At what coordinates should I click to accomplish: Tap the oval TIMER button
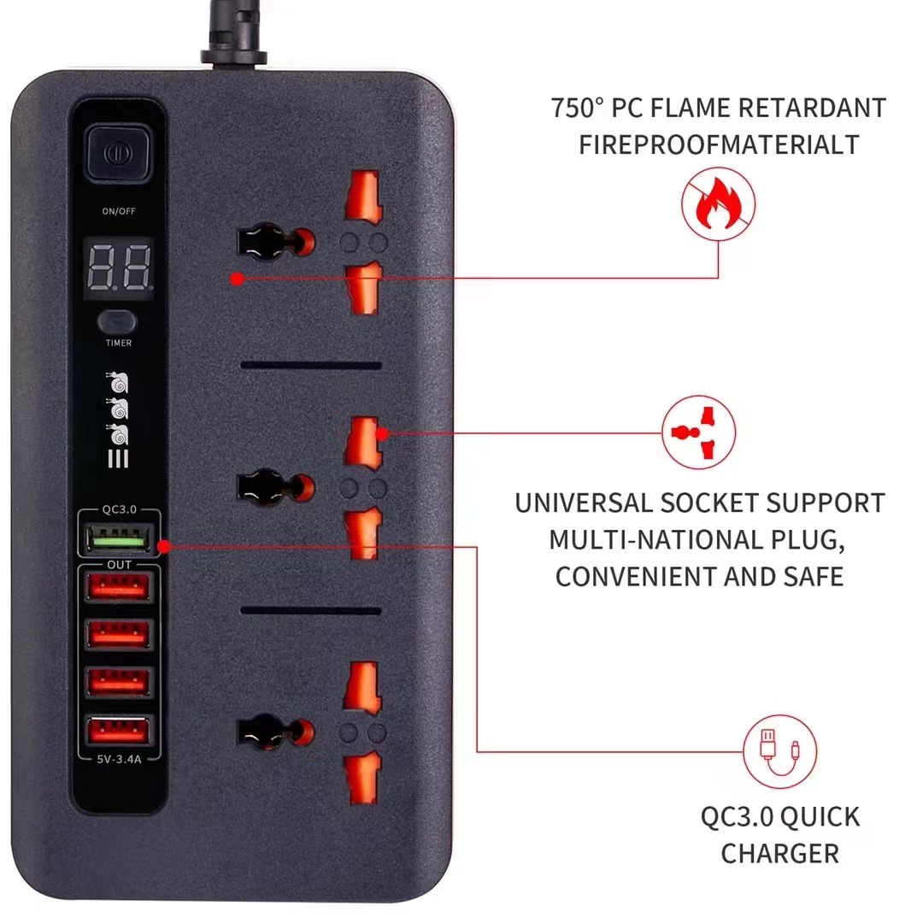point(117,321)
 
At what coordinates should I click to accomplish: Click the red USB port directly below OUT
point(118,587)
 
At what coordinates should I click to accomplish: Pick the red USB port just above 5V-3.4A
point(118,731)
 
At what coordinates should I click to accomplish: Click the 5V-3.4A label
point(119,760)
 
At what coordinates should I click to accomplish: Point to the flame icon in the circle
point(718,204)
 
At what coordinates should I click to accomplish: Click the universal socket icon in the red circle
point(699,432)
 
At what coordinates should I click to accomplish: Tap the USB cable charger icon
point(779,752)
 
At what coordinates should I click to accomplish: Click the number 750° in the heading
point(577,109)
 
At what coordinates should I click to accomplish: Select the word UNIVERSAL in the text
point(583,503)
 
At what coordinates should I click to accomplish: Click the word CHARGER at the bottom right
point(780,854)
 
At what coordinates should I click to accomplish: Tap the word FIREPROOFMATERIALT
point(719,144)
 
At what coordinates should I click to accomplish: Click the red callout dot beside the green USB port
point(164,547)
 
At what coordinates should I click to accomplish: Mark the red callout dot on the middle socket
point(382,434)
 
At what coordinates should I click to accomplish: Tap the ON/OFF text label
point(119,211)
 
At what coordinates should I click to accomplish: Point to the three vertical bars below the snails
point(118,459)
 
